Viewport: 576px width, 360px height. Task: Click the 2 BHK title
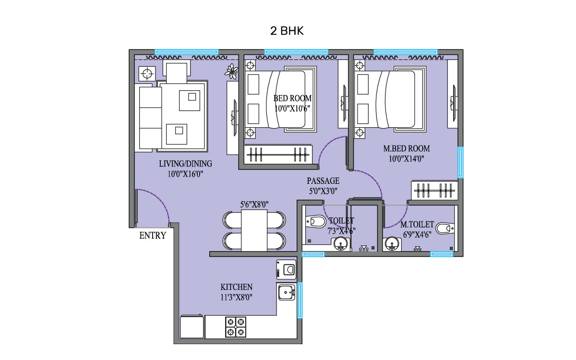287,32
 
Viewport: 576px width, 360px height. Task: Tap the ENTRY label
153,235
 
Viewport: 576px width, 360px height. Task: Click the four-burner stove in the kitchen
236,327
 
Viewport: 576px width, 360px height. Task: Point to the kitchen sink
287,292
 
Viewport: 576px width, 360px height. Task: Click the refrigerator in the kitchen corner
192,327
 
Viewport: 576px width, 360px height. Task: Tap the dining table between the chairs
254,230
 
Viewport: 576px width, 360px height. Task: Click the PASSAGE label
323,181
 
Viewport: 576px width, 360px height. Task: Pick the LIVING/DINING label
185,164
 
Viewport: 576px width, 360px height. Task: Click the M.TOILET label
417,225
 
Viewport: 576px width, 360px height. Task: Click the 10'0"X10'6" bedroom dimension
292,108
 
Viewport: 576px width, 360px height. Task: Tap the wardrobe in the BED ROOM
278,155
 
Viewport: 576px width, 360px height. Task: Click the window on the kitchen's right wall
300,300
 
